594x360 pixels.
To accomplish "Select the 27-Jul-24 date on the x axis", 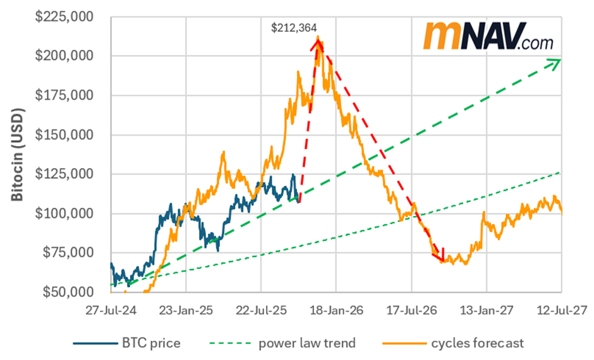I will click(x=111, y=310).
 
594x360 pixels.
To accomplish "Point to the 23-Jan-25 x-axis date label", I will click(x=186, y=310).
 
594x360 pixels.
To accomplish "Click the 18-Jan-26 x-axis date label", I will click(x=336, y=310).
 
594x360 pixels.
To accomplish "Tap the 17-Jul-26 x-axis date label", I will click(x=411, y=310).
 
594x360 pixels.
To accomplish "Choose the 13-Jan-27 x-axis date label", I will click(x=487, y=310).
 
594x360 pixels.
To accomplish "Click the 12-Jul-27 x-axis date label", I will click(x=561, y=310).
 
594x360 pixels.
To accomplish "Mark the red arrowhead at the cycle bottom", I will click(x=440, y=257).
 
